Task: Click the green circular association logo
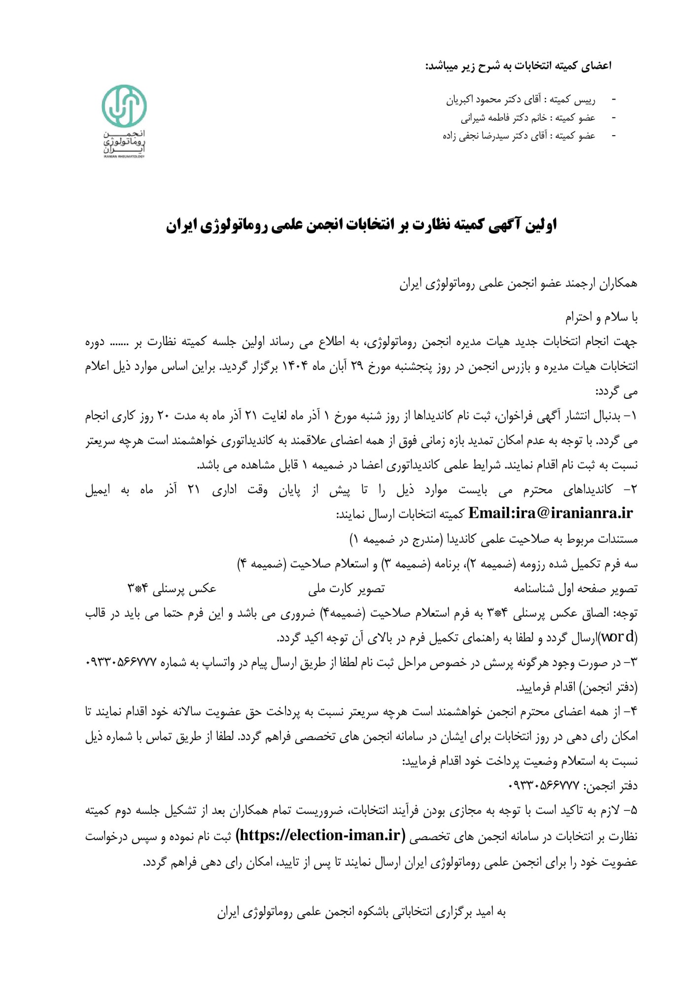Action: coord(124,106)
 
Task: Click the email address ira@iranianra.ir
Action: coord(550,513)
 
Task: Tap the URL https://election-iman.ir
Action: coord(320,836)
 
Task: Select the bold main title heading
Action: coord(361,225)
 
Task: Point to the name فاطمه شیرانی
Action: coord(486,118)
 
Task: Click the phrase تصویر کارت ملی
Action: coord(346,588)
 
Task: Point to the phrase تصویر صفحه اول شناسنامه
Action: coord(575,588)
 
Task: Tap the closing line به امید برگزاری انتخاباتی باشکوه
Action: coord(361,912)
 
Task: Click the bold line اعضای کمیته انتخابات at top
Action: coord(518,66)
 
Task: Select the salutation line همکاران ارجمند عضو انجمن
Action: coord(518,283)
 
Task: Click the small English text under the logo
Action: coord(124,156)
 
